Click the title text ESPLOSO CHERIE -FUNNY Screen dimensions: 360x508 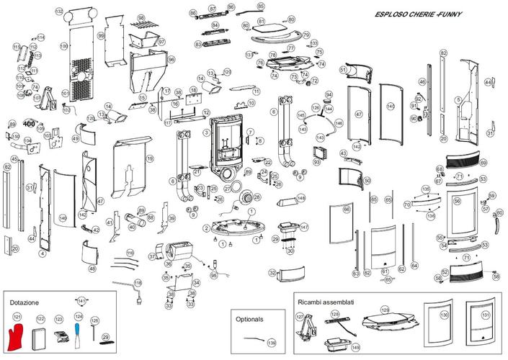point(418,14)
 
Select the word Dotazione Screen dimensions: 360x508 point(24,302)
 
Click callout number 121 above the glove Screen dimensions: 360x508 point(17,317)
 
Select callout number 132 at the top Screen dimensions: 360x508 point(59,12)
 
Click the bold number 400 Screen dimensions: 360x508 point(30,124)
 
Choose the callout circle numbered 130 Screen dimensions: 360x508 point(444,315)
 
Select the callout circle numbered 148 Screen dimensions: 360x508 point(301,197)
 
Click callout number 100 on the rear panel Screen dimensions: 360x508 point(63,45)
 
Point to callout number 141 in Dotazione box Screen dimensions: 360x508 point(81,300)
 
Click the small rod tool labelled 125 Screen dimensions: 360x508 point(94,334)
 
